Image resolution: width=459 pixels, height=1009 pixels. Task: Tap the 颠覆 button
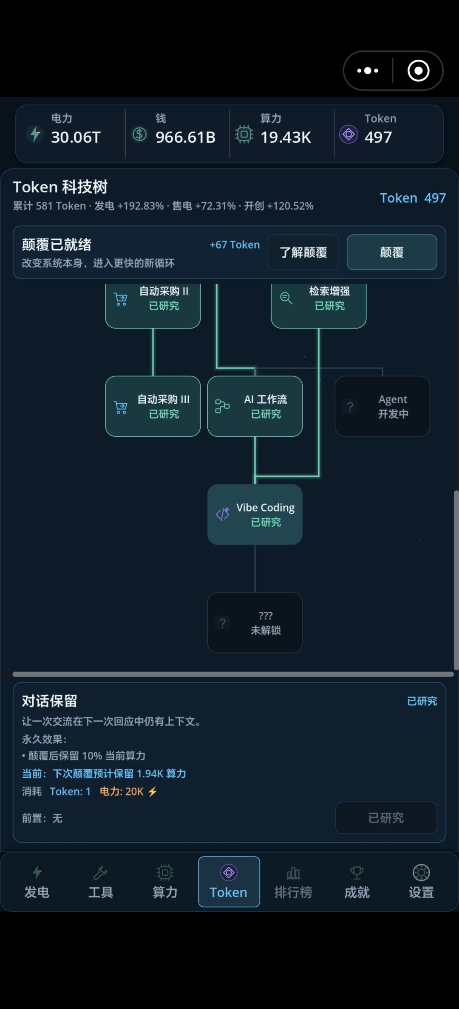coord(392,252)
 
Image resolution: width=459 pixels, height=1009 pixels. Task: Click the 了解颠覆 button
coord(303,252)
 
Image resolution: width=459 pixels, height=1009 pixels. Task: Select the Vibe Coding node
coord(255,514)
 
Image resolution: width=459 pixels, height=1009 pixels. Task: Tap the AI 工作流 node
coord(255,406)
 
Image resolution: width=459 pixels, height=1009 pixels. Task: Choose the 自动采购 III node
coord(153,406)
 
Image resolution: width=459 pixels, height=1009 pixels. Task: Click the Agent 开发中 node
coord(382,406)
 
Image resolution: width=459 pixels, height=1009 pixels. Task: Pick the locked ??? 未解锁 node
coord(255,623)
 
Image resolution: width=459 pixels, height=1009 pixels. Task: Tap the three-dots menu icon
coord(368,70)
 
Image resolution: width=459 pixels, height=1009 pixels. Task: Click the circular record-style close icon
coord(419,70)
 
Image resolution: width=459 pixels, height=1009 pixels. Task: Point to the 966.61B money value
coord(185,137)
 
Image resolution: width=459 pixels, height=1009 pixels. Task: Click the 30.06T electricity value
coord(76,137)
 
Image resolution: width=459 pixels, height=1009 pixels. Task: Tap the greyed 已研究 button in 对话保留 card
coord(386,818)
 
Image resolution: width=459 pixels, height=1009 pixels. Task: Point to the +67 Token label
coord(235,245)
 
